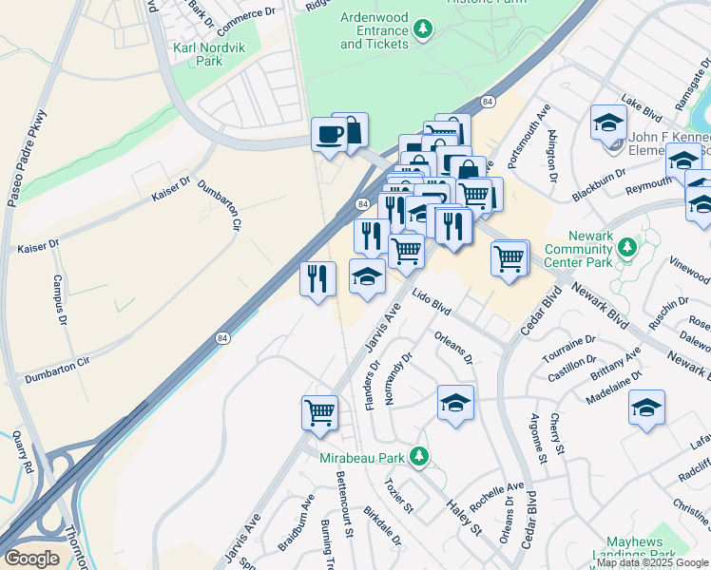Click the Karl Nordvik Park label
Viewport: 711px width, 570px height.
click(198, 54)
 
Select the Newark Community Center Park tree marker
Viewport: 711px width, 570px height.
click(626, 249)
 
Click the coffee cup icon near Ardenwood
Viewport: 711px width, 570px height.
click(330, 133)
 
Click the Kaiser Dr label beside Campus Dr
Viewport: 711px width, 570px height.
click(38, 245)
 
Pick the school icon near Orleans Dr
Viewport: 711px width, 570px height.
click(455, 402)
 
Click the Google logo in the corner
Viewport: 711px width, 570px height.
click(32, 558)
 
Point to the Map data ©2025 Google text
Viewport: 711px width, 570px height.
click(652, 562)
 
